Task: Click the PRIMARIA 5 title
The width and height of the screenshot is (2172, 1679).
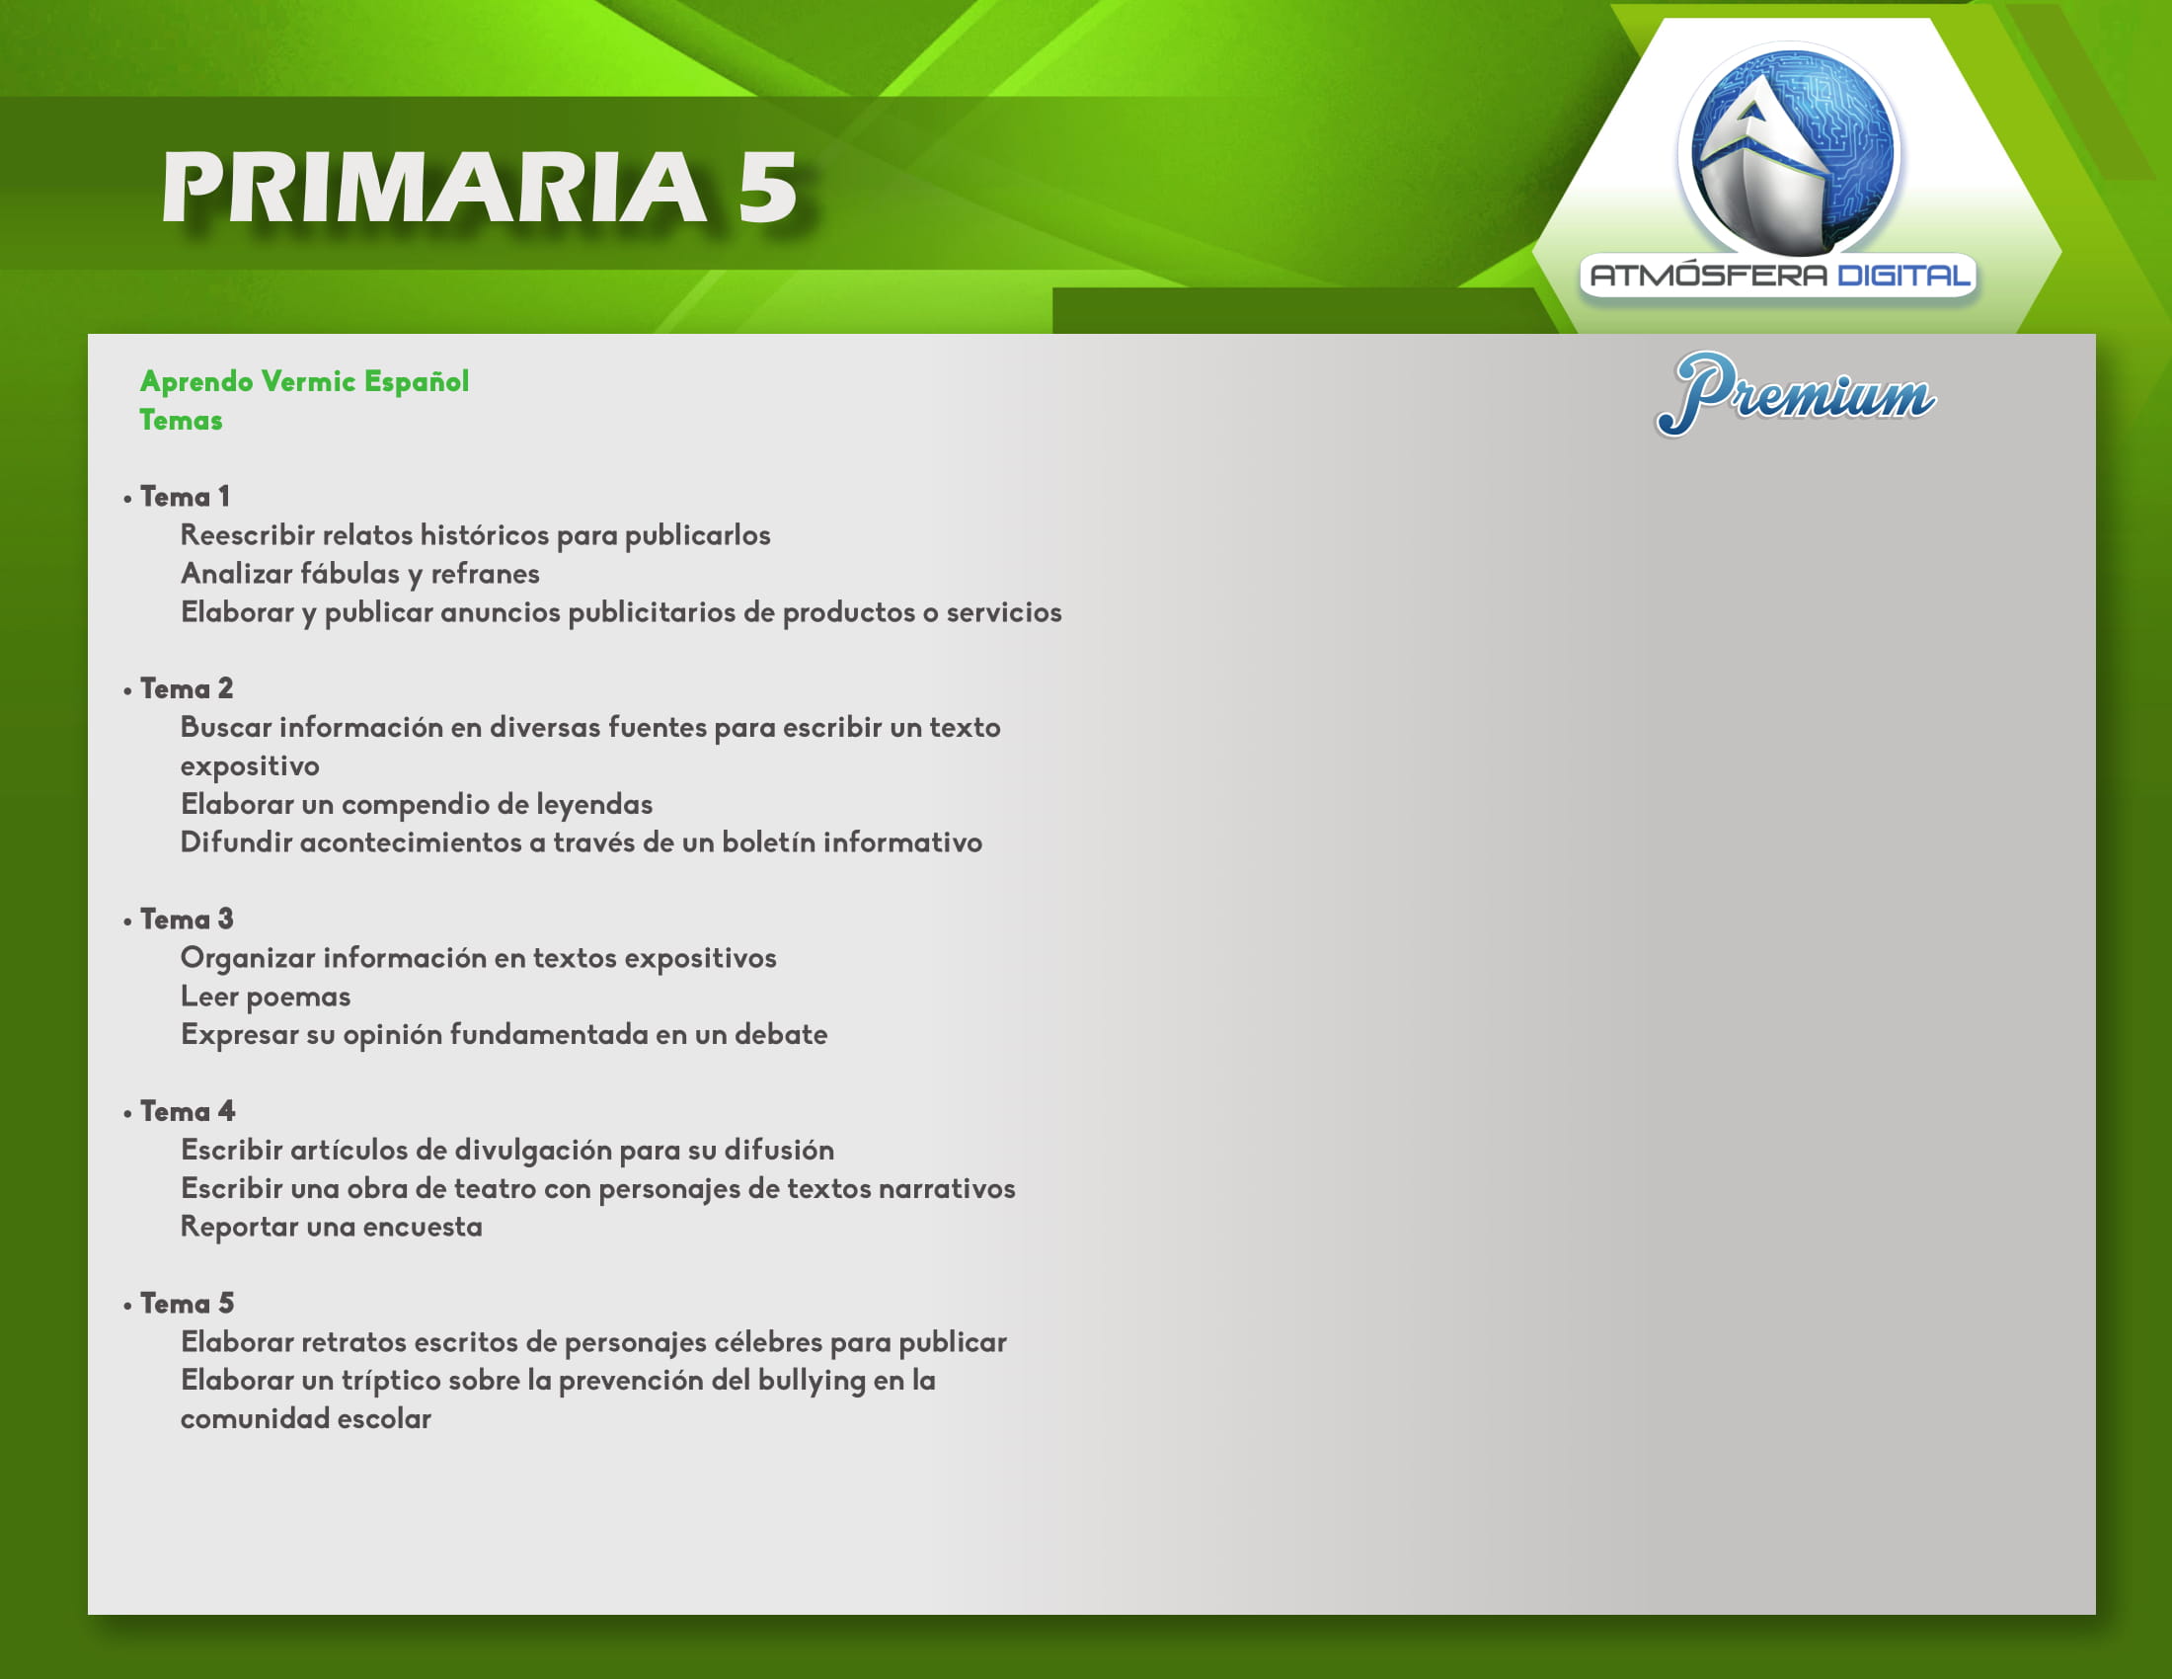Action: [x=480, y=187]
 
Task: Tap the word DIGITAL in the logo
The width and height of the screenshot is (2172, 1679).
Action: [x=1903, y=275]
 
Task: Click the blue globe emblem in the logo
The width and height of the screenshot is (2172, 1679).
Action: [x=1789, y=150]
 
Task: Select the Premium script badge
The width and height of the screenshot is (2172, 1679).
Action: [x=1795, y=394]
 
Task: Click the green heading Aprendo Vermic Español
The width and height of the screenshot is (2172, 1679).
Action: [x=304, y=381]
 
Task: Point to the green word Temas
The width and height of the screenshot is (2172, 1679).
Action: [x=181, y=420]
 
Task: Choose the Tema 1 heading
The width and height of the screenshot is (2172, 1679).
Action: [x=185, y=497]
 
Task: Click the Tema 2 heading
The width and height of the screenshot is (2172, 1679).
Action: [x=187, y=688]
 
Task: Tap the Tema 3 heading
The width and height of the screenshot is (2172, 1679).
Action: [x=187, y=919]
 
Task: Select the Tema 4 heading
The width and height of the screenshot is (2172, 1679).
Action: [x=188, y=1111]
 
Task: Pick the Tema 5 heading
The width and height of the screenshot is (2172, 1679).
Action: [x=187, y=1303]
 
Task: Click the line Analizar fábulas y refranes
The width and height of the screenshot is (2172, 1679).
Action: [x=360, y=574]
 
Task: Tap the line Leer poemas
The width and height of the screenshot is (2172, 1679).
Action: [x=266, y=997]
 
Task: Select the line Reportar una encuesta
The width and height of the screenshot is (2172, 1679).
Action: [x=331, y=1228]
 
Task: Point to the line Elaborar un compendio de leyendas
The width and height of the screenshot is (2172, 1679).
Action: [x=417, y=805]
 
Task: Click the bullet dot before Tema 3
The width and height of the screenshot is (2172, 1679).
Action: [x=127, y=922]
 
